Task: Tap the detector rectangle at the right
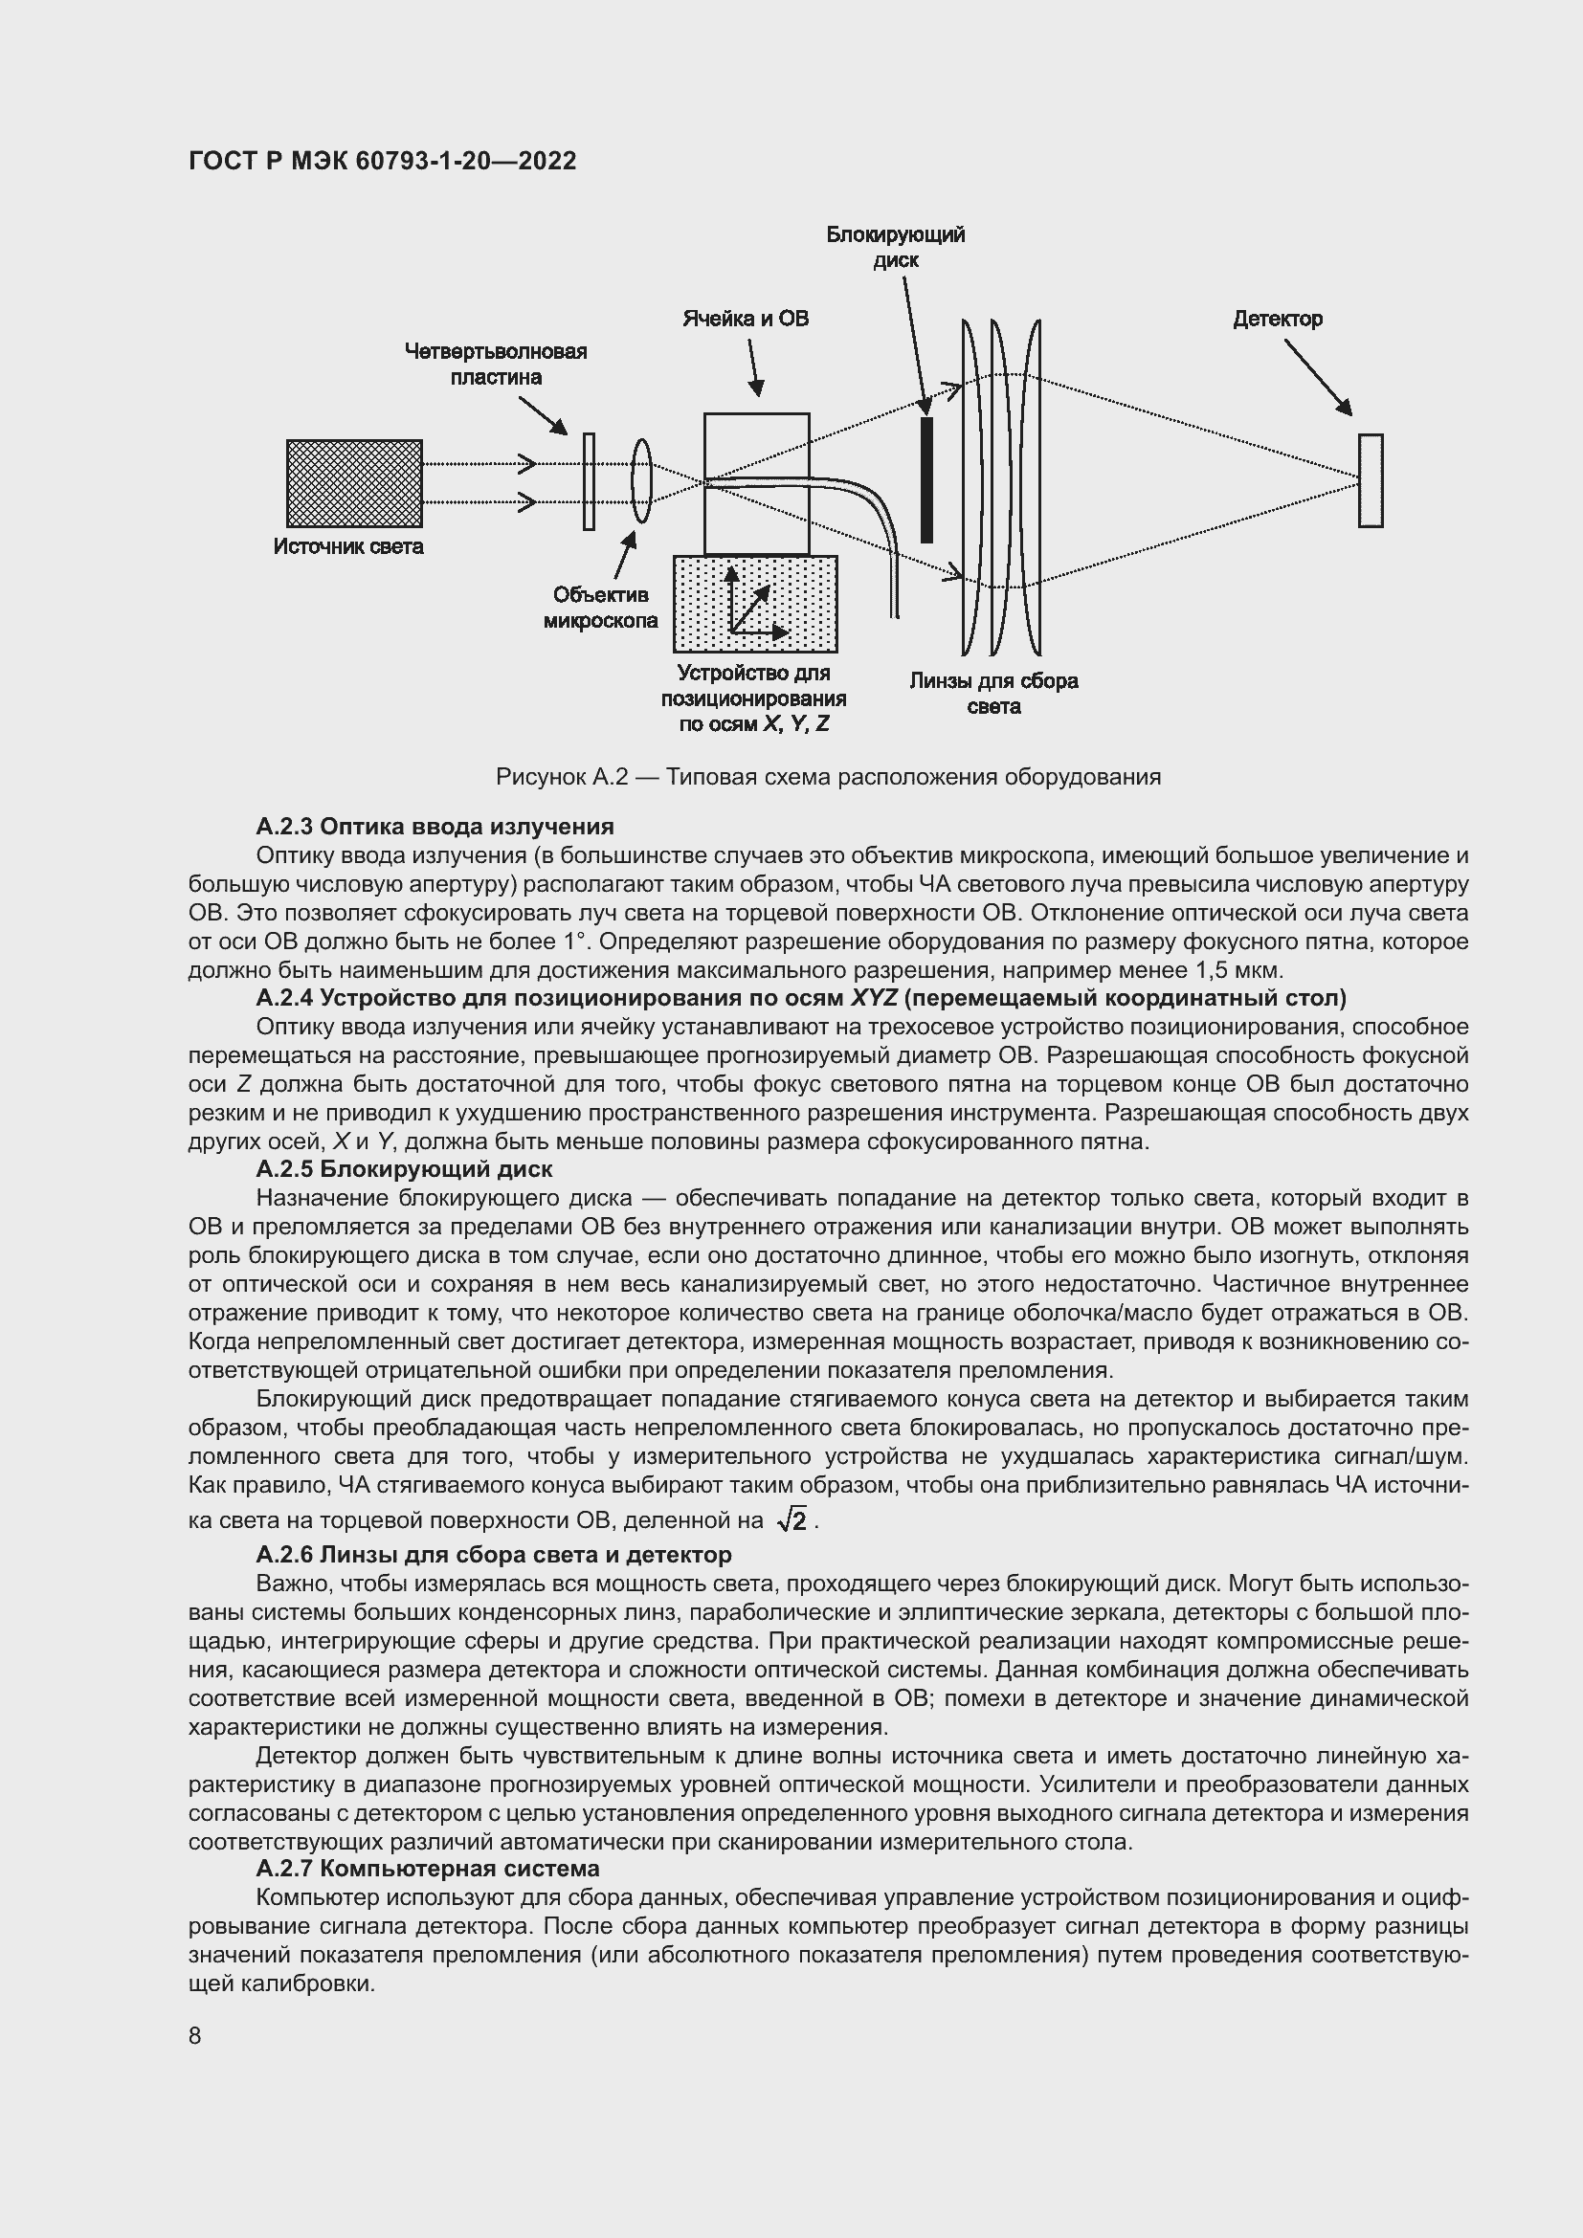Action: [x=1370, y=480]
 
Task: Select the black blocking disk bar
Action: [x=926, y=479]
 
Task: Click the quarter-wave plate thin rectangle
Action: [x=589, y=481]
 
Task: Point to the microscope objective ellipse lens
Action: [x=640, y=480]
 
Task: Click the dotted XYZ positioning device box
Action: [x=754, y=605]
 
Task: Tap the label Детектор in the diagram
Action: [x=1277, y=319]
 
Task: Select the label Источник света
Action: [x=348, y=547]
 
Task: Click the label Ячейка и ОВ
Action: [x=745, y=319]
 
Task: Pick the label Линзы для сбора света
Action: [x=993, y=693]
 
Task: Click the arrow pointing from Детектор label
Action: [x=1317, y=376]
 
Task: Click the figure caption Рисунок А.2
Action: [x=828, y=777]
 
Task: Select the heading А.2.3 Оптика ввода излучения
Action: [x=435, y=827]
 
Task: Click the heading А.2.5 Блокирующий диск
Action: [x=404, y=1168]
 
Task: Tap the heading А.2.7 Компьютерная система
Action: [x=427, y=1869]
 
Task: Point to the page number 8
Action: [x=195, y=2036]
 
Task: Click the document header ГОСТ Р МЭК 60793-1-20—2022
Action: [x=382, y=161]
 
